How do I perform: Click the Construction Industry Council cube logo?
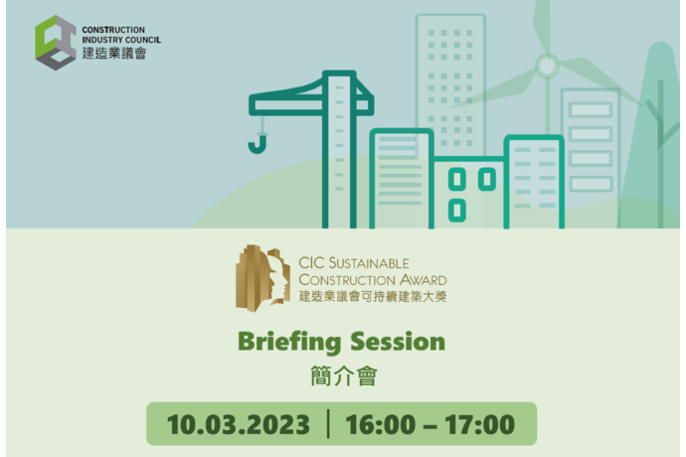coord(56,43)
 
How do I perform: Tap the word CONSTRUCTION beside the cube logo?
coord(113,30)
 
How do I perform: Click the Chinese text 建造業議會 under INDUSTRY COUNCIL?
coord(114,54)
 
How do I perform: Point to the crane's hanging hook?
coord(257,144)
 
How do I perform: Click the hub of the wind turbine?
coord(547,66)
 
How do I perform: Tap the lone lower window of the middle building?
coord(457,210)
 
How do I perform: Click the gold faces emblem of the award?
coord(262,278)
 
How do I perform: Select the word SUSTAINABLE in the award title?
coord(369,263)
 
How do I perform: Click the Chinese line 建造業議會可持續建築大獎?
coord(373,296)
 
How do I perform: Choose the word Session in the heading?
coord(398,341)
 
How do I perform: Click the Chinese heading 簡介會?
coord(343,377)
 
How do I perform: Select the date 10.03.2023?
coord(239,424)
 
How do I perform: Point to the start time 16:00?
coord(381,424)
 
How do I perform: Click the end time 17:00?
coord(480,424)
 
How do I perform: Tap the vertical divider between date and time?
coord(328,423)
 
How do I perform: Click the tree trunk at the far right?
coord(660,154)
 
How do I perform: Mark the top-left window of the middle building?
coord(457,179)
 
